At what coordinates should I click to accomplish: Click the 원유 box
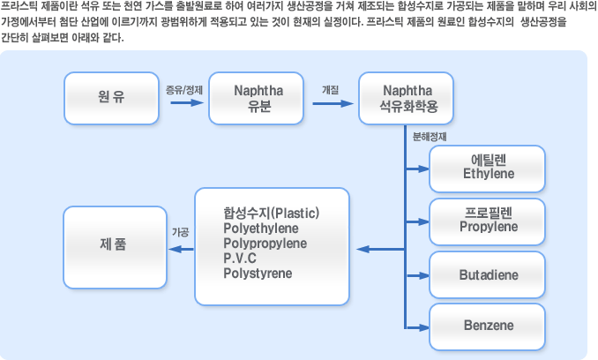[111, 99]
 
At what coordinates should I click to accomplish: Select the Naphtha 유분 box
[257, 99]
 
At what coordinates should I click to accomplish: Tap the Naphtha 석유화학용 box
[407, 99]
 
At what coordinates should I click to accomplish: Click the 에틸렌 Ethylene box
[488, 169]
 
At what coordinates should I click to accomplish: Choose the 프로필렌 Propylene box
[488, 222]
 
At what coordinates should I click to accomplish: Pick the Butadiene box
[488, 274]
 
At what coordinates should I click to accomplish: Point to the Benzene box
[488, 326]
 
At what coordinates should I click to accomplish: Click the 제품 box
[116, 247]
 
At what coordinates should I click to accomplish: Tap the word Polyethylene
[261, 229]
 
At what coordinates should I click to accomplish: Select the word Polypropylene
[265, 244]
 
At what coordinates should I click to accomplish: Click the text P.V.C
[240, 259]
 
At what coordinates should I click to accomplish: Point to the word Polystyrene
[258, 274]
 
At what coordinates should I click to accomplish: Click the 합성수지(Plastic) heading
[271, 213]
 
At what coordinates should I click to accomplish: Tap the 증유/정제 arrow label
[184, 90]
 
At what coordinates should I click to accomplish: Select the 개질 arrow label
[330, 90]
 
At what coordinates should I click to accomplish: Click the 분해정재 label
[430, 137]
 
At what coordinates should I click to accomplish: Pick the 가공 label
[181, 232]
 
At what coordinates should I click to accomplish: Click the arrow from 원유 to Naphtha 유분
[187, 102]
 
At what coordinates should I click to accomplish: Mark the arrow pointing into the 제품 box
[181, 250]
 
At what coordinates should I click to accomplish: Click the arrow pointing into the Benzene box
[418, 327]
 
